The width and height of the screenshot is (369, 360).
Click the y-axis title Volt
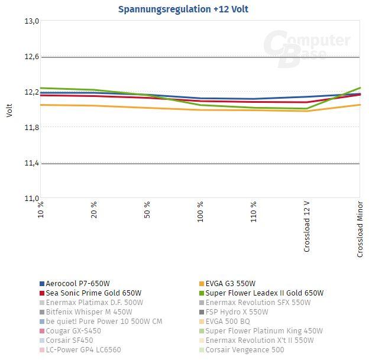[x=9, y=110]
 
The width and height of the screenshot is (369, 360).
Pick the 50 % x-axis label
[x=147, y=210]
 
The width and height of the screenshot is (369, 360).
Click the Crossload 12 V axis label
[x=307, y=226]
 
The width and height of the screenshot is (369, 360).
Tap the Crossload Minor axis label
[x=360, y=229]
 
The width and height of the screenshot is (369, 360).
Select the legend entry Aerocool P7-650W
[x=77, y=284]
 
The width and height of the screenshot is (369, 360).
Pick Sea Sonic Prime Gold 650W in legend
[x=93, y=293]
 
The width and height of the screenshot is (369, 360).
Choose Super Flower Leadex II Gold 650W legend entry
[x=264, y=293]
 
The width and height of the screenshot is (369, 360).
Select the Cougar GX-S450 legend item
[x=73, y=331]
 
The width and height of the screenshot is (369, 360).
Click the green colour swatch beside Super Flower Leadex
[x=201, y=293]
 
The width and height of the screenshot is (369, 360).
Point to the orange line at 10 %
[x=41, y=105]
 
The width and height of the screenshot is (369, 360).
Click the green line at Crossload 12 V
[x=307, y=108]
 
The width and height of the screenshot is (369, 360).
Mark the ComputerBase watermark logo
[x=306, y=46]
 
